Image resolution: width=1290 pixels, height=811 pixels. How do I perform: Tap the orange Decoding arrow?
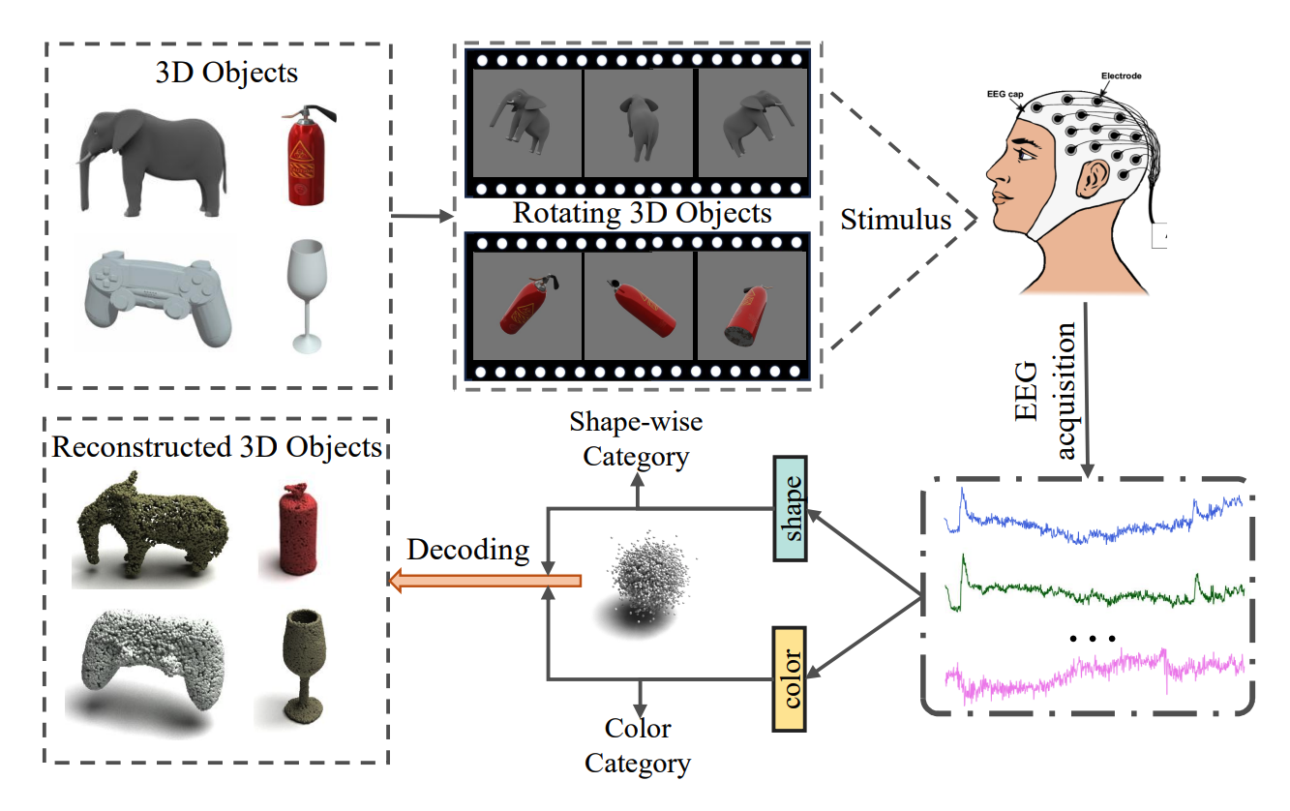tap(484, 581)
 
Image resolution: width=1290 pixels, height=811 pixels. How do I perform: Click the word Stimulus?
tap(896, 220)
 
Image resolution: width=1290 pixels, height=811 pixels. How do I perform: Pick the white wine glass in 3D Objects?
tap(306, 290)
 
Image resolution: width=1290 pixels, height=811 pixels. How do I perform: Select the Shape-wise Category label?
tap(636, 438)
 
